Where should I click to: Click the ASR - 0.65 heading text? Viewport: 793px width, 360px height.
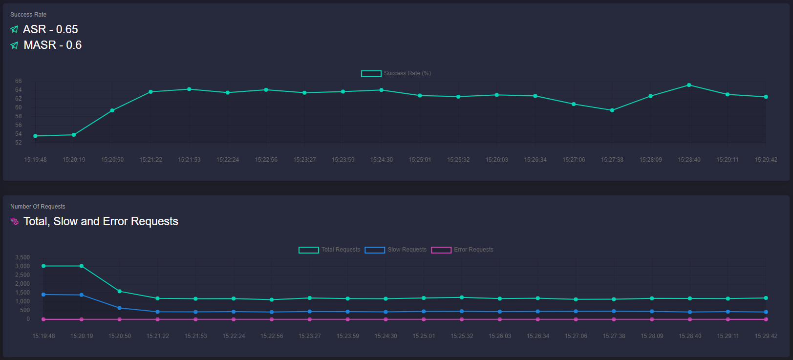(50, 29)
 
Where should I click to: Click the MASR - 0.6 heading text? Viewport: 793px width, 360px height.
(52, 45)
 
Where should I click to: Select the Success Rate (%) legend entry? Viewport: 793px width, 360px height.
(396, 73)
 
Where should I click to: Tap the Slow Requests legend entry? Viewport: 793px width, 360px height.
(396, 250)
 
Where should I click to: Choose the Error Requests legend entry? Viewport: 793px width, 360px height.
(462, 250)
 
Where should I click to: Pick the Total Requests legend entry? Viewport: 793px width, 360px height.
(330, 250)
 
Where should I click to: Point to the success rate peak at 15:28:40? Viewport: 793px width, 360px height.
(689, 85)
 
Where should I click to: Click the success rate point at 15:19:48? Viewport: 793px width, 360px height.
(35, 136)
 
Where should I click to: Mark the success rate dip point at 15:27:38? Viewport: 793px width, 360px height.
(612, 110)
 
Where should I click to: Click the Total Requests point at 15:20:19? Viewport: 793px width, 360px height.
(82, 266)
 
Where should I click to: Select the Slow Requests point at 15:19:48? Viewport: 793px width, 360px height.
(43, 295)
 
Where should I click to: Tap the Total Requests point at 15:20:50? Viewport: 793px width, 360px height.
(120, 291)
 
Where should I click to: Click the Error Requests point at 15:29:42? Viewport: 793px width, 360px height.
(766, 319)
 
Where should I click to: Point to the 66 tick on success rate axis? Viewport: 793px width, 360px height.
(19, 81)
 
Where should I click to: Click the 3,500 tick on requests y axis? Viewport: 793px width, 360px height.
(22, 257)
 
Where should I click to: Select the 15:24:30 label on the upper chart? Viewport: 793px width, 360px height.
(381, 160)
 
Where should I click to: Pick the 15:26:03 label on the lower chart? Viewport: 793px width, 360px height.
(500, 336)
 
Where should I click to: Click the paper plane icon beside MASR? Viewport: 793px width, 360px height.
(14, 45)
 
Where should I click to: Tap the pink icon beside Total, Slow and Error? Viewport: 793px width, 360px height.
(14, 221)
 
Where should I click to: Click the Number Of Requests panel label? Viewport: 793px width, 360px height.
(38, 207)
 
